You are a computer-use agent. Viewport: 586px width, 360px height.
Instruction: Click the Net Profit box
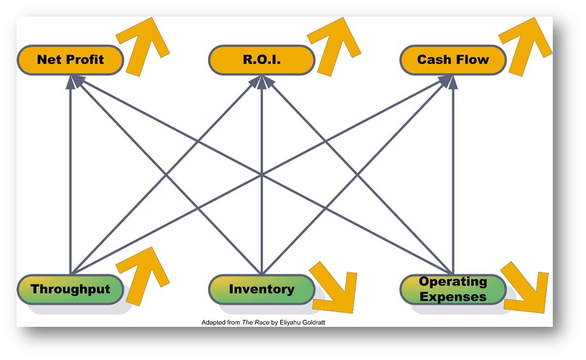coord(70,60)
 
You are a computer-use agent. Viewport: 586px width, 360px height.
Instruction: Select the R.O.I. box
coord(262,60)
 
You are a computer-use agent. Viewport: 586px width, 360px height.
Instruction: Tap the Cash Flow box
coord(453,60)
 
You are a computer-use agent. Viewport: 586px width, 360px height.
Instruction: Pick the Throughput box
coord(70,289)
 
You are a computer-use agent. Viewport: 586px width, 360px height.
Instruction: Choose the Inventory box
coord(262,289)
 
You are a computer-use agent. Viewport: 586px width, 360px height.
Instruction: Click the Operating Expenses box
coord(453,289)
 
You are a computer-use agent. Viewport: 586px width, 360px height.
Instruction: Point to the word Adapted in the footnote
coord(213,322)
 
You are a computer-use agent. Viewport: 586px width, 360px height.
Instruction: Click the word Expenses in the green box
coord(453,296)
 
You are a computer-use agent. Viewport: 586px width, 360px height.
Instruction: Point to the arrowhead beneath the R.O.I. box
coord(262,79)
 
